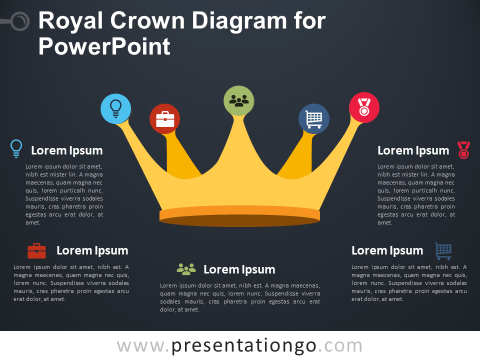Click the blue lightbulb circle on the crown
point(115,108)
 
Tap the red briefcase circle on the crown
point(164,119)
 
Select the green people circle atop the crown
point(239,100)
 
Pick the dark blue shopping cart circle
point(314,119)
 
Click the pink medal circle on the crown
point(364,107)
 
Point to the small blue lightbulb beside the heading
point(16,148)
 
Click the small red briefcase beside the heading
point(36,251)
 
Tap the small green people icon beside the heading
point(186,269)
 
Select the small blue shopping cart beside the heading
point(443,251)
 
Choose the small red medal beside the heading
point(463,150)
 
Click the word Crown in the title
point(147,21)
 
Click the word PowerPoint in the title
point(104,46)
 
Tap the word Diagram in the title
point(239,21)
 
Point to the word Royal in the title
point(70,21)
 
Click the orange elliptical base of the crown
point(239,216)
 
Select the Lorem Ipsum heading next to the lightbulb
point(66,150)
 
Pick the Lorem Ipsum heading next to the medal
point(413,150)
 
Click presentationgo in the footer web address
point(243,346)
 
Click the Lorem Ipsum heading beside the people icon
point(239,269)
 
